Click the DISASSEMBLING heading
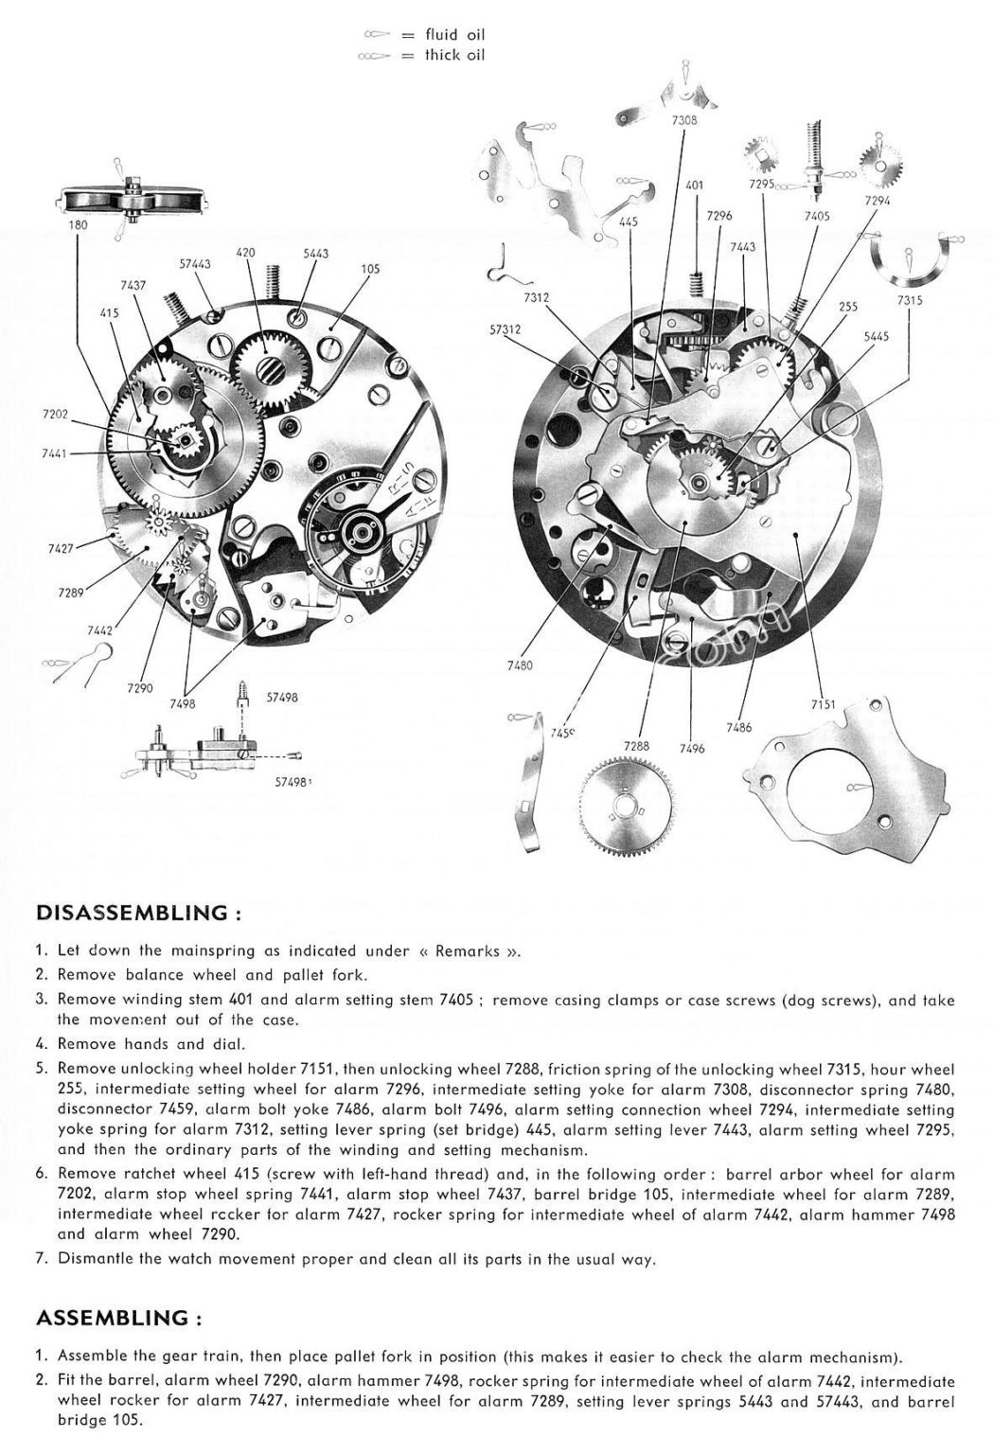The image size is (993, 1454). point(133,914)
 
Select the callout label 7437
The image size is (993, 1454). point(133,285)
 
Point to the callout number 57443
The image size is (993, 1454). point(195,264)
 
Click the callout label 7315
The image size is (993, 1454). point(910,300)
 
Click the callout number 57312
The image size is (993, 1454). point(507,331)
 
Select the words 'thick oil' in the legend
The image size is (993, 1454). point(454,55)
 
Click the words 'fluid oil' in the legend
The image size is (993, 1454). point(454,35)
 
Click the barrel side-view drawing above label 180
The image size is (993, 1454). point(130,201)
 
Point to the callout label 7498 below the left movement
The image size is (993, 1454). point(184,704)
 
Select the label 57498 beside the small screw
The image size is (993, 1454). point(283,698)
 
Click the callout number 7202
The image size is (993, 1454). point(56,414)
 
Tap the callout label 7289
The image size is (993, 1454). point(70,593)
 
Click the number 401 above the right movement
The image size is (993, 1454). point(694,186)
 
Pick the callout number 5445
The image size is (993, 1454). point(877,335)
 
